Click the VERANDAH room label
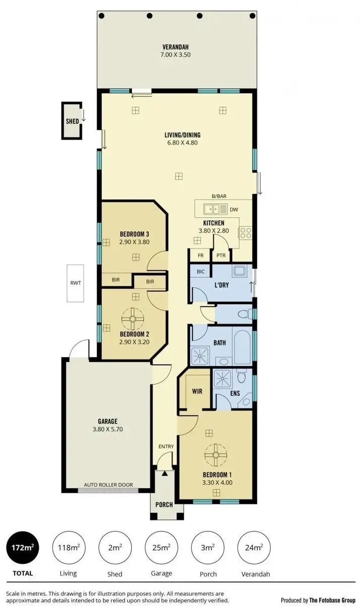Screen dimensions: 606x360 tap(176, 45)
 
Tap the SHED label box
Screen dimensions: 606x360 tap(72, 121)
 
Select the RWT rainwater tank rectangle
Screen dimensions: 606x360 tap(75, 283)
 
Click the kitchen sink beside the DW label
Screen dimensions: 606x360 tap(215, 209)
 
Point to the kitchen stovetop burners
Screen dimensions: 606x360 tap(245, 232)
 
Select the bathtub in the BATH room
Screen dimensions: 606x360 tap(241, 345)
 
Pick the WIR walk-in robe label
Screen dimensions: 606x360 tap(197, 391)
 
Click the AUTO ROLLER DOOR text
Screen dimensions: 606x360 tap(109, 485)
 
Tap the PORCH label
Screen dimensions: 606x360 tap(164, 504)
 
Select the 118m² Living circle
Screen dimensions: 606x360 tap(68, 548)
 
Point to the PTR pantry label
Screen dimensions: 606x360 tap(221, 256)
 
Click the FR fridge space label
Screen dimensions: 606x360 tap(200, 256)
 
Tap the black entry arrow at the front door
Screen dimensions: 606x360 tap(164, 473)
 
